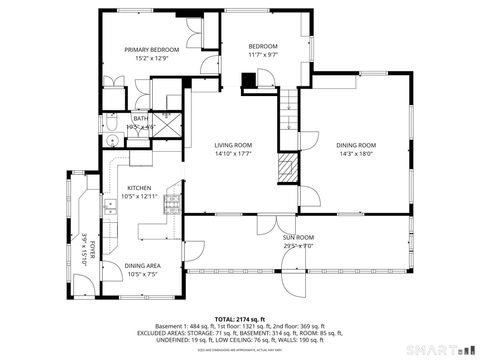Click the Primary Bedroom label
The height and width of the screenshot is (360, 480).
pyautogui.click(x=152, y=49)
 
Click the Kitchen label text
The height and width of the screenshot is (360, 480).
pyautogui.click(x=139, y=188)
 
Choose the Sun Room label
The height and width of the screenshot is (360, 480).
pyautogui.click(x=299, y=236)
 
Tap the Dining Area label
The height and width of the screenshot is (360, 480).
pyautogui.click(x=142, y=265)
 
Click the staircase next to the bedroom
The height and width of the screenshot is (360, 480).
pyautogui.click(x=289, y=101)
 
